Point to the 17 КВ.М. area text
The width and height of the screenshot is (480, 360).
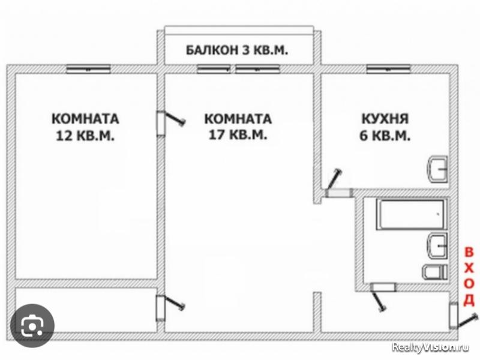pyautogui.click(x=237, y=136)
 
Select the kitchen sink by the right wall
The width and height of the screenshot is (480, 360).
pyautogui.click(x=437, y=169)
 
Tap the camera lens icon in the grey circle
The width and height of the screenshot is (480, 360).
pyautogui.click(x=31, y=326)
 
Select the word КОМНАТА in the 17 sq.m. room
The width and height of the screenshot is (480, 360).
pyautogui.click(x=237, y=118)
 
